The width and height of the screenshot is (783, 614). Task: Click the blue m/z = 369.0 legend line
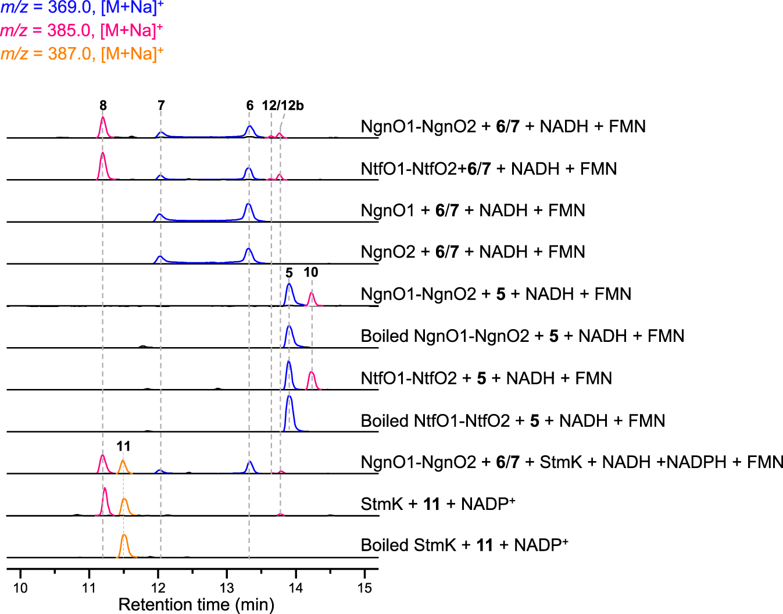click(x=82, y=8)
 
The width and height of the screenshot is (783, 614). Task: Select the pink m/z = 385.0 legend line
click(x=81, y=30)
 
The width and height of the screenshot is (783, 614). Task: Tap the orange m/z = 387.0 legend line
click(x=82, y=53)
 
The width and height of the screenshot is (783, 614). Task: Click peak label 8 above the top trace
click(x=103, y=105)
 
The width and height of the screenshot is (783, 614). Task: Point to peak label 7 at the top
click(x=161, y=105)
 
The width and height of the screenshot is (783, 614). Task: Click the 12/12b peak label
click(x=283, y=105)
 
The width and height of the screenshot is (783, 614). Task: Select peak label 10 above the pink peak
click(x=311, y=272)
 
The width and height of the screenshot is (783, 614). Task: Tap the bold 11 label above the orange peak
click(x=123, y=446)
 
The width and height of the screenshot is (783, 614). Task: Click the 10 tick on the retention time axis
click(x=20, y=588)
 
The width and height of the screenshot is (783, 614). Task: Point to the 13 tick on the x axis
click(x=227, y=588)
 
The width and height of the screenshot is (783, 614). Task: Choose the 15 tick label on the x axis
click(x=364, y=588)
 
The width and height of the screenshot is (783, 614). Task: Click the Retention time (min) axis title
click(x=196, y=605)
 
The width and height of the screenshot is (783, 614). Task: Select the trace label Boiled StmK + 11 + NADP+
click(x=464, y=545)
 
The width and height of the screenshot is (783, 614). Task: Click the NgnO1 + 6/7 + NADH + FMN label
click(x=473, y=210)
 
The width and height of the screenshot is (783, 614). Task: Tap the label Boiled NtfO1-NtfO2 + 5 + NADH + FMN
click(x=513, y=420)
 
